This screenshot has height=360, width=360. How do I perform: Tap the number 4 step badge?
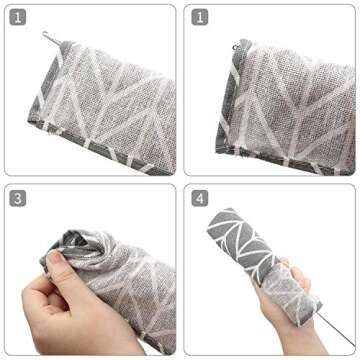201,198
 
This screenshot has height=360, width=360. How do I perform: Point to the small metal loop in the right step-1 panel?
235,44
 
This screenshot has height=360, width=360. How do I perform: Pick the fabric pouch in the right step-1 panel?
290,100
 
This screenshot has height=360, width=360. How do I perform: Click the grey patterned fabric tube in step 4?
255,255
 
